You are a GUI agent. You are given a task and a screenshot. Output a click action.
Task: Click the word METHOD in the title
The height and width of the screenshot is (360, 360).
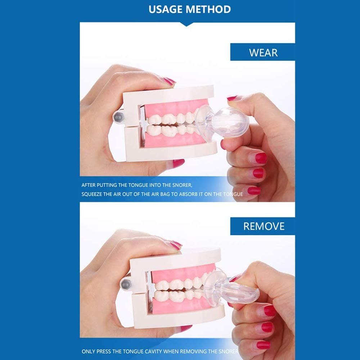click(x=208, y=9)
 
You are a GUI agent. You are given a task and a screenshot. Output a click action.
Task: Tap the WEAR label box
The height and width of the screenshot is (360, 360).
click(x=263, y=52)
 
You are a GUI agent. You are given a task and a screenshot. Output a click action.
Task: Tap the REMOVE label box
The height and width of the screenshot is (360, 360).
click(x=263, y=226)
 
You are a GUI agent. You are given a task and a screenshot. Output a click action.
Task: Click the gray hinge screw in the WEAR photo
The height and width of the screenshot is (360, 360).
click(x=118, y=117)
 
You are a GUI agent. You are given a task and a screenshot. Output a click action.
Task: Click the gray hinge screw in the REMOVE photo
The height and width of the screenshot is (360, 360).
click(x=126, y=284)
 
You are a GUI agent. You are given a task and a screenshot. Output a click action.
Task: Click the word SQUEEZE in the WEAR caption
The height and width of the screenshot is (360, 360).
click(x=91, y=194)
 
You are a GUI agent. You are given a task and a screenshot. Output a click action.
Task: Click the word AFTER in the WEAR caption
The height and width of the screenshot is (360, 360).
click(x=89, y=185)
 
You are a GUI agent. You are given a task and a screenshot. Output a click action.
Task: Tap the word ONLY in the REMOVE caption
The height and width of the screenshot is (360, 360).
click(x=89, y=351)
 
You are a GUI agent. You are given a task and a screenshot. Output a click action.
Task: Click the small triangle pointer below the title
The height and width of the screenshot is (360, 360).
click(x=186, y=24)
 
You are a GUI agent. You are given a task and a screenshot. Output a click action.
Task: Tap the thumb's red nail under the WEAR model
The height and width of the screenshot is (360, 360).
click(x=179, y=163)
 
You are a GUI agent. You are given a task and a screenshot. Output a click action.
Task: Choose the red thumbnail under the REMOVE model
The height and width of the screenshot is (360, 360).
click(x=186, y=328)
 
